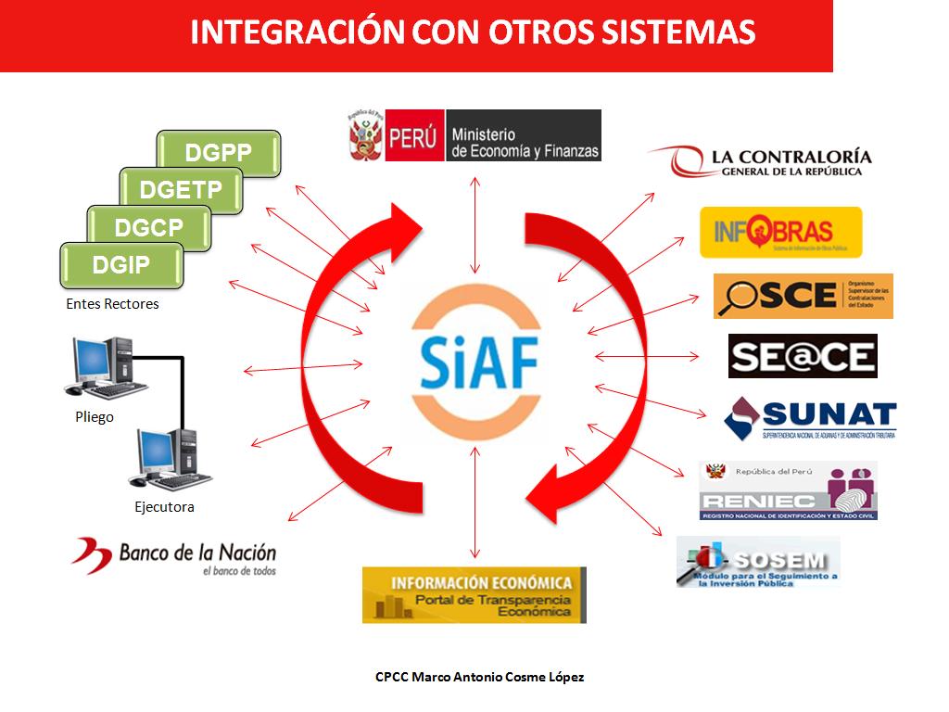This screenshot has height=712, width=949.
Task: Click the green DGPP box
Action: pyautogui.click(x=219, y=153)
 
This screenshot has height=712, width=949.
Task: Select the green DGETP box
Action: pyautogui.click(x=181, y=190)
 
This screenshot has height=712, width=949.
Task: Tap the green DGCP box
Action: pyautogui.click(x=148, y=227)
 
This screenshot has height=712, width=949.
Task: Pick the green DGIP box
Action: pyautogui.click(x=121, y=265)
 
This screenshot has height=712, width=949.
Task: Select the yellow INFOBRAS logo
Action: pyautogui.click(x=780, y=232)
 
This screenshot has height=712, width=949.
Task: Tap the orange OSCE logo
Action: pyautogui.click(x=803, y=296)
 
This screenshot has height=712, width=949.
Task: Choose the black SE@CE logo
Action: pyautogui.click(x=803, y=356)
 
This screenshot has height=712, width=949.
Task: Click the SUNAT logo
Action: pyautogui.click(x=810, y=419)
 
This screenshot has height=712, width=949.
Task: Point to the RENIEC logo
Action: pyautogui.click(x=788, y=491)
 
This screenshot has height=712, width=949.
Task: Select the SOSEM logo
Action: pyautogui.click(x=758, y=562)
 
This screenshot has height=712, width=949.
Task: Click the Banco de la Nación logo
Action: pyautogui.click(x=174, y=556)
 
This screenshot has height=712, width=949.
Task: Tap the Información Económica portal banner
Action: pyautogui.click(x=474, y=594)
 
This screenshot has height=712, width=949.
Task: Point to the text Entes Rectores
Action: pyautogui.click(x=112, y=304)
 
